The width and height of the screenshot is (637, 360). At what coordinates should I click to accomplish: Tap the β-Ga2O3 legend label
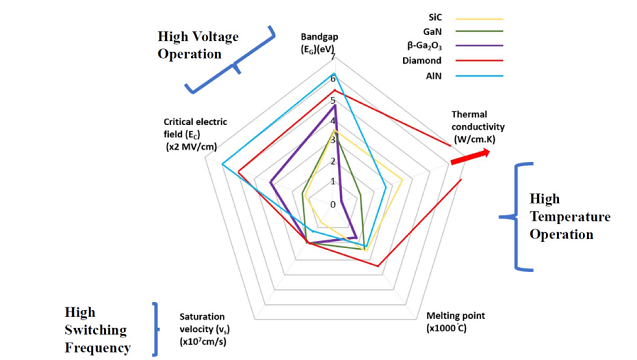click(x=425, y=46)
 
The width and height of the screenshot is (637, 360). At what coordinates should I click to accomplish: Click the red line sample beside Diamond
click(x=479, y=60)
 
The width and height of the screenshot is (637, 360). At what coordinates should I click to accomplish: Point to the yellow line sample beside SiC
click(x=479, y=18)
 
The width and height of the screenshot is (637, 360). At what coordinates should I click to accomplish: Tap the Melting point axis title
click(x=455, y=322)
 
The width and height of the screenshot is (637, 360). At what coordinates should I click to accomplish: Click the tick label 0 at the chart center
click(x=335, y=204)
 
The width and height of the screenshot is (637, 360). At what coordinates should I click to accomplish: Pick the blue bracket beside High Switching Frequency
click(x=155, y=329)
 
